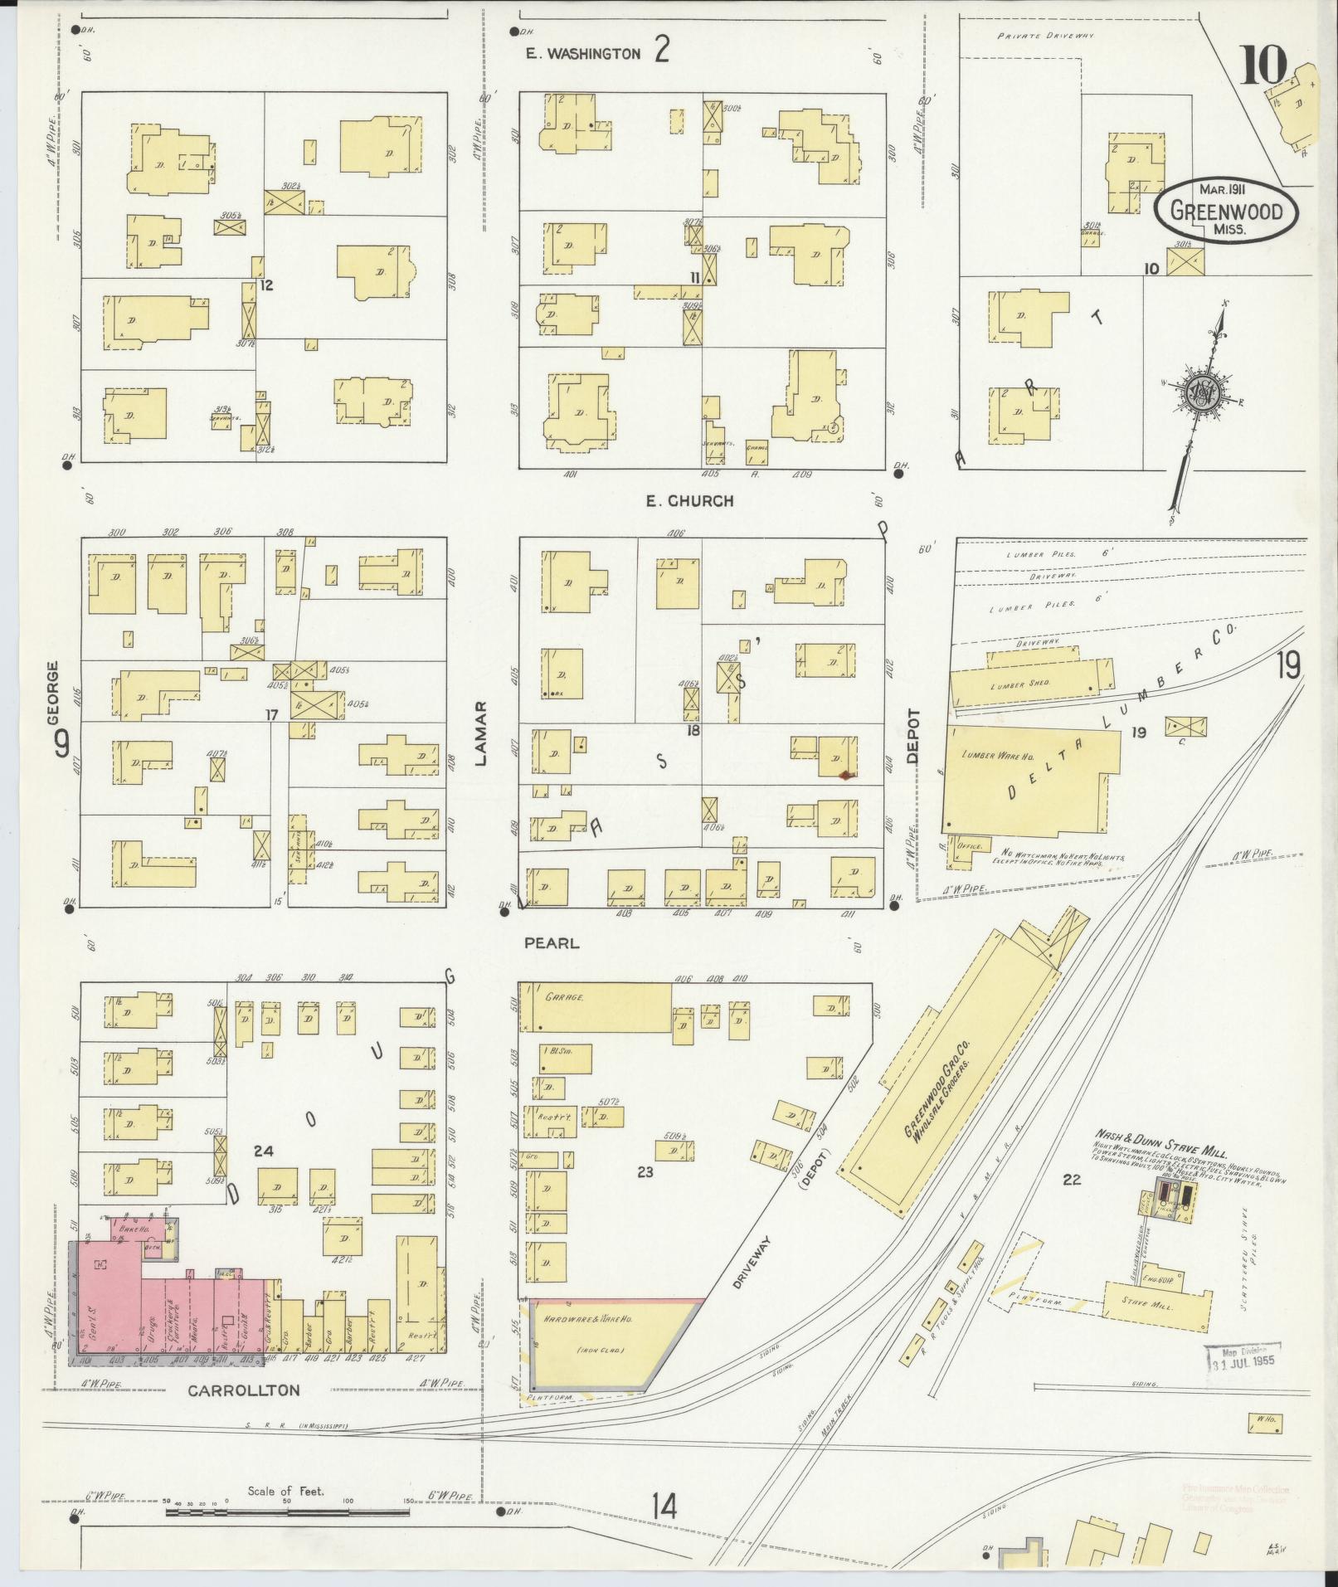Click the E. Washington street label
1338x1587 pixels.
tap(584, 54)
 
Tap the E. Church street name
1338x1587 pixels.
tap(689, 501)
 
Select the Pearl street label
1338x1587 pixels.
tap(552, 943)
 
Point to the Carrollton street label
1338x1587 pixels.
tap(243, 1390)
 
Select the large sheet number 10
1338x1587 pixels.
tap(1263, 66)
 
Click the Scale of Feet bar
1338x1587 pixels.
tap(286, 1512)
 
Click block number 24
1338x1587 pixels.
tap(264, 1151)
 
